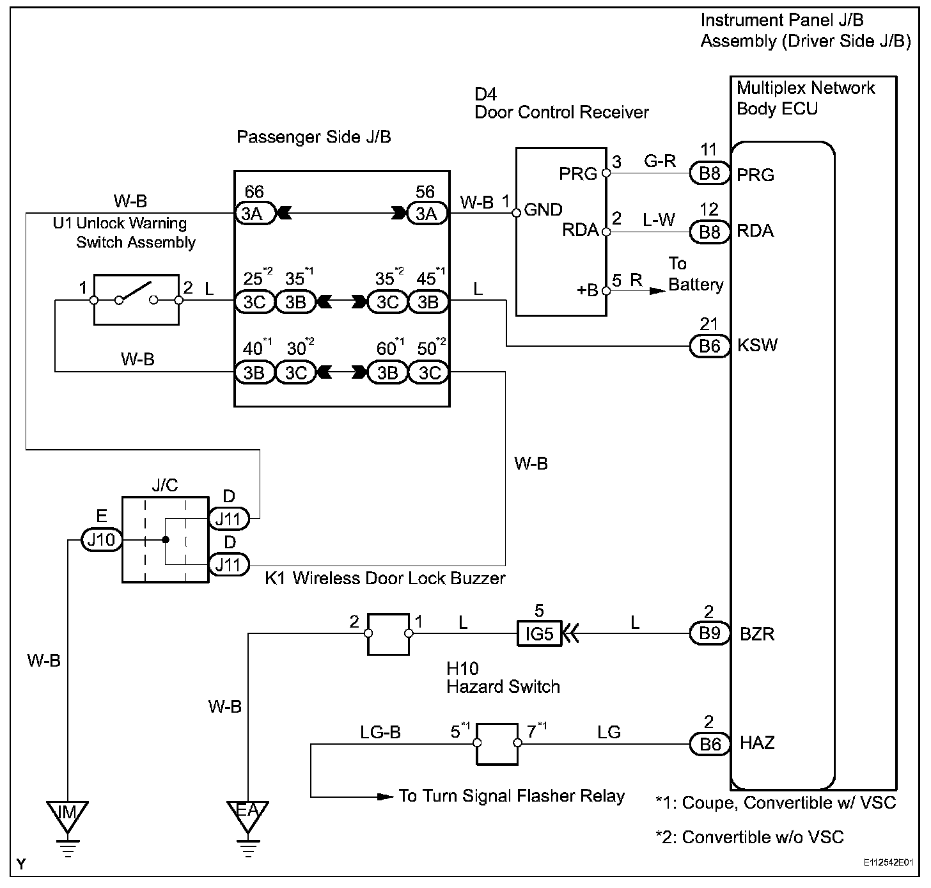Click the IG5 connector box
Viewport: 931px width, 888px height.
click(x=538, y=634)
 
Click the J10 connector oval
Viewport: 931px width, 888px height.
click(x=101, y=540)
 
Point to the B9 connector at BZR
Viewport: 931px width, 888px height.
click(x=710, y=634)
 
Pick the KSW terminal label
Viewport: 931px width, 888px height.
click(x=757, y=345)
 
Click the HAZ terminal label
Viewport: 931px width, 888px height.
click(x=757, y=743)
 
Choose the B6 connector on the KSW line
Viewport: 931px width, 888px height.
click(x=710, y=346)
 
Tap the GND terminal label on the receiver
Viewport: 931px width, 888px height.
click(x=543, y=210)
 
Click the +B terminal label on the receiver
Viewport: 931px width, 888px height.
click(x=587, y=290)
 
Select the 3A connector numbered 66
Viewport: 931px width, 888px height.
click(x=254, y=213)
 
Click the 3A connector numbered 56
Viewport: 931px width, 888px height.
click(x=426, y=213)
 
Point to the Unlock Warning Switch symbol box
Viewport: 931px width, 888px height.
click(x=136, y=299)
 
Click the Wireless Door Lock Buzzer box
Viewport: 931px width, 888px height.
click(x=388, y=634)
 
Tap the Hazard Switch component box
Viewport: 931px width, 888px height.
click(x=497, y=744)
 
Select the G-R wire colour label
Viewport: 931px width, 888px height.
click(x=659, y=161)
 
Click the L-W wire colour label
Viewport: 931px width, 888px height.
click(x=659, y=219)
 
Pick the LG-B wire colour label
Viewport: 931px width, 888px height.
click(x=380, y=732)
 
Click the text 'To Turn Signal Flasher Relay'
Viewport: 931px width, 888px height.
click(x=511, y=796)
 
